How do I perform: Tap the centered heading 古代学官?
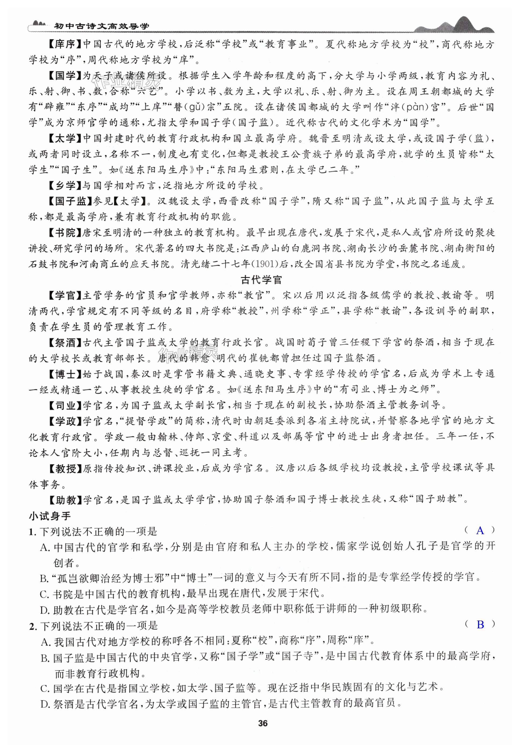click(x=261, y=280)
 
